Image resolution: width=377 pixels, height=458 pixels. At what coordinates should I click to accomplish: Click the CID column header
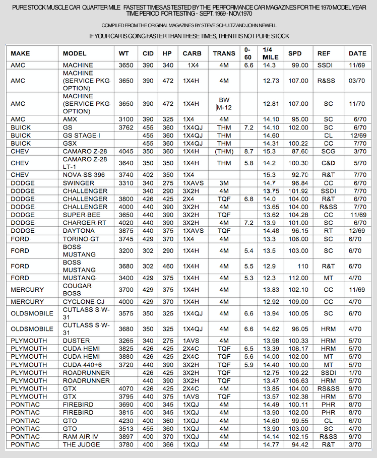tap(148, 53)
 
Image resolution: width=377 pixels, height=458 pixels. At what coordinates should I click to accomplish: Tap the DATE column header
tap(357, 53)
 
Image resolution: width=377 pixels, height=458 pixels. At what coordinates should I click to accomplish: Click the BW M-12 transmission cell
tap(224, 104)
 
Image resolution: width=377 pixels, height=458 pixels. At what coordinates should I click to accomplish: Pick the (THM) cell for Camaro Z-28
tap(224, 151)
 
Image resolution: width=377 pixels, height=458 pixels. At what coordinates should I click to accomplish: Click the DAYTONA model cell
tap(79, 230)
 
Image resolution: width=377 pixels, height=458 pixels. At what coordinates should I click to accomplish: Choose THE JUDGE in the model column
tap(82, 444)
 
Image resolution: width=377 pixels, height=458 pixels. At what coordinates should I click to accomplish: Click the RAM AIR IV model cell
tap(82, 436)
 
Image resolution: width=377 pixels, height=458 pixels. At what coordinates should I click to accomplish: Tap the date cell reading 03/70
tap(357, 81)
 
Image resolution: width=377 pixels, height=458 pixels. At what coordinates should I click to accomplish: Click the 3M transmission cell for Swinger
tap(224, 183)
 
